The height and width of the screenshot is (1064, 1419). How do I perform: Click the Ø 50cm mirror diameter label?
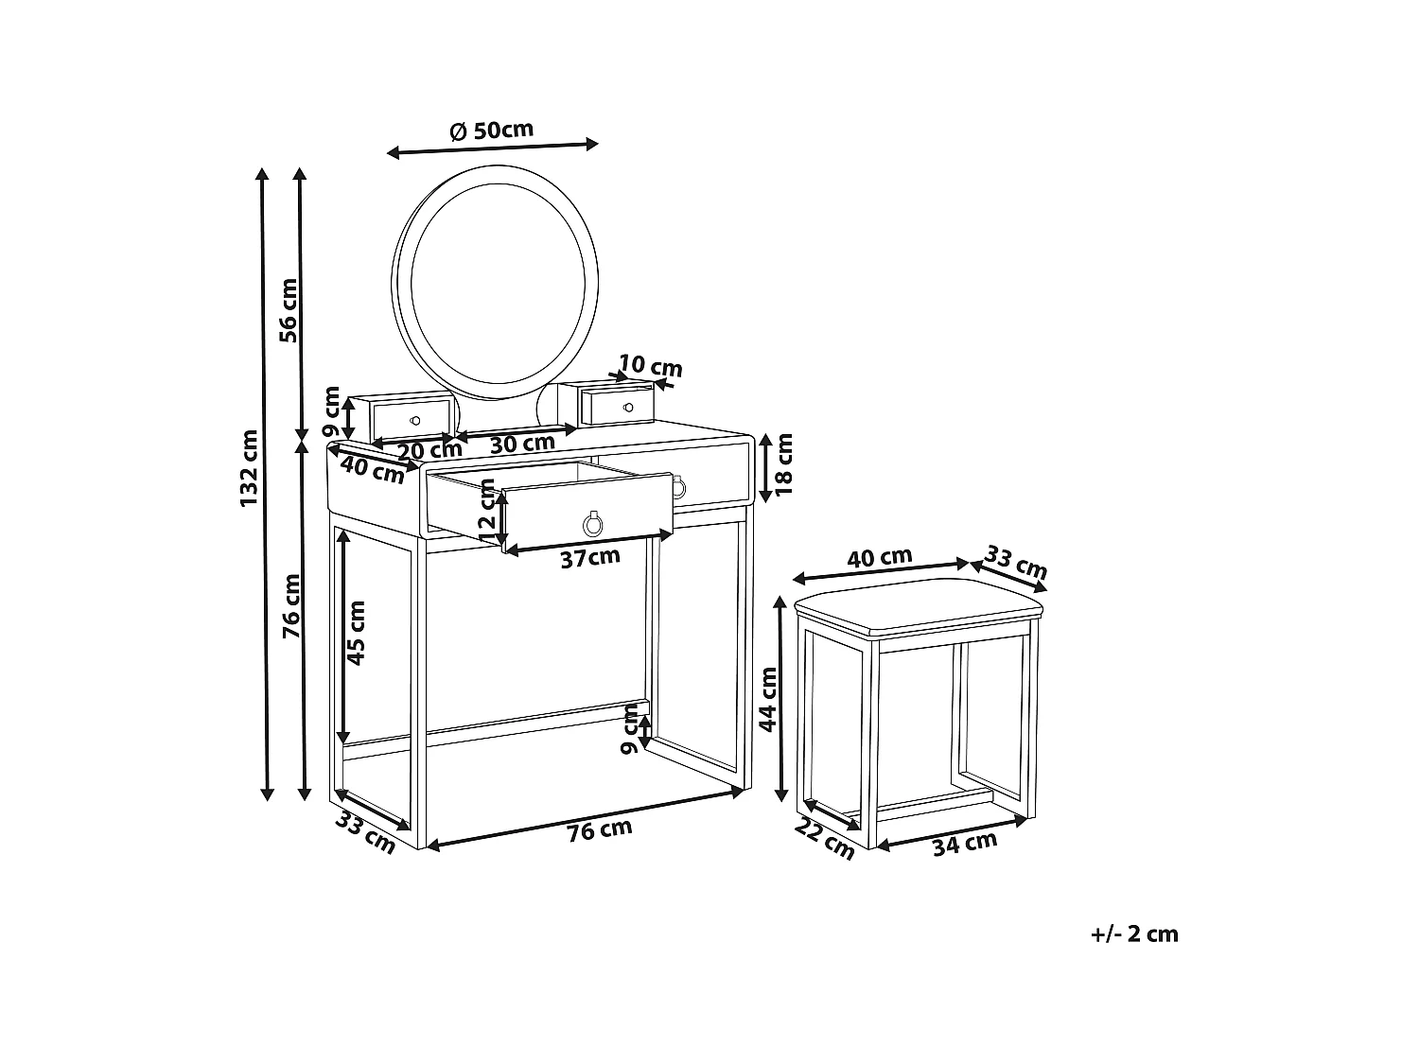click(x=492, y=131)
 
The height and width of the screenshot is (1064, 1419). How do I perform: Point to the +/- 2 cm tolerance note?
click(x=1134, y=934)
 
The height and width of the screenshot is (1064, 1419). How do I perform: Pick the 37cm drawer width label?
click(x=590, y=558)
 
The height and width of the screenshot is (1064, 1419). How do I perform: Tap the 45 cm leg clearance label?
click(x=356, y=633)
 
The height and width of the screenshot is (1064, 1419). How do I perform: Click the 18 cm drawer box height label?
click(x=783, y=465)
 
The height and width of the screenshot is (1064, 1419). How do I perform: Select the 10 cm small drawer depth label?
click(x=651, y=366)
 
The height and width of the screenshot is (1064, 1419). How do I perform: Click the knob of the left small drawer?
click(x=414, y=419)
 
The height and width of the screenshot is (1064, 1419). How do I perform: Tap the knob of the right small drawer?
click(x=628, y=407)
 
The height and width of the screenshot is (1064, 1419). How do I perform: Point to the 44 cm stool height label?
click(x=768, y=699)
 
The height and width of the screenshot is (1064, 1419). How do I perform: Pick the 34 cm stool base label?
click(x=965, y=842)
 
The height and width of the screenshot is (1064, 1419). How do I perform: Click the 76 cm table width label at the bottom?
click(x=600, y=830)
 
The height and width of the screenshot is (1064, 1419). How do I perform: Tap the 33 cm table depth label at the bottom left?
click(x=365, y=834)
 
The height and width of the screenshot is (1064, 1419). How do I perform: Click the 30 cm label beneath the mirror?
click(x=521, y=442)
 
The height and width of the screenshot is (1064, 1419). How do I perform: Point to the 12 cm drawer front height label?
click(x=487, y=511)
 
